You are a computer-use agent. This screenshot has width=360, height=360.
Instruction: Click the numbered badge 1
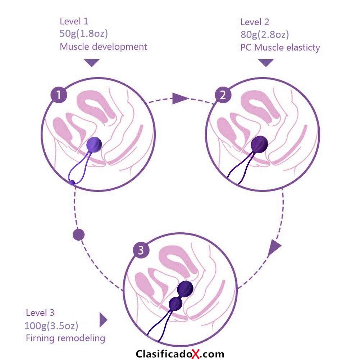59,95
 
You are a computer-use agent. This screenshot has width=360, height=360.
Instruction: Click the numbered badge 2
223,95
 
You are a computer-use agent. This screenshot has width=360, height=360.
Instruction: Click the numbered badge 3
141,250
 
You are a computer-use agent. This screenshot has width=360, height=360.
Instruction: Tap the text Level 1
74,21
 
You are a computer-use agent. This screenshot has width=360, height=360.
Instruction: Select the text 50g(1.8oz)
83,33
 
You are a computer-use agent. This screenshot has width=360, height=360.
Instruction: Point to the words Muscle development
103,47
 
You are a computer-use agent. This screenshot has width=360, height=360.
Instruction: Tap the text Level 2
254,22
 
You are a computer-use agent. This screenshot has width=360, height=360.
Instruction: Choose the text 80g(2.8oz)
264,35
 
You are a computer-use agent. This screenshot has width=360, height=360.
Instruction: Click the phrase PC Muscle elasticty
280,47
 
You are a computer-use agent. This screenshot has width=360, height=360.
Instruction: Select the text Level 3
40,313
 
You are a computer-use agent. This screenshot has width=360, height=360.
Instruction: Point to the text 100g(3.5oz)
51,325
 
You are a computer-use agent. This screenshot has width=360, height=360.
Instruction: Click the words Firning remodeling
65,338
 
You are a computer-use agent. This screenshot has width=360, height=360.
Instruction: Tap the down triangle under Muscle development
92,63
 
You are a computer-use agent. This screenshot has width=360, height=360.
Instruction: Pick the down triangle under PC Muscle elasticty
266,63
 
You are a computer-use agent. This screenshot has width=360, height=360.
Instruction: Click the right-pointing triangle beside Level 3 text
103,320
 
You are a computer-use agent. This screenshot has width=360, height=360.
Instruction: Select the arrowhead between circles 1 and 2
179,99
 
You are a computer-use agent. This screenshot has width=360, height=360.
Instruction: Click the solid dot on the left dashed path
78,234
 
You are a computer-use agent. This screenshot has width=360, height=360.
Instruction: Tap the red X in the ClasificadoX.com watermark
196,354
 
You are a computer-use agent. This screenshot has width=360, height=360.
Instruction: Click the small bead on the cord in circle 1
72,183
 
